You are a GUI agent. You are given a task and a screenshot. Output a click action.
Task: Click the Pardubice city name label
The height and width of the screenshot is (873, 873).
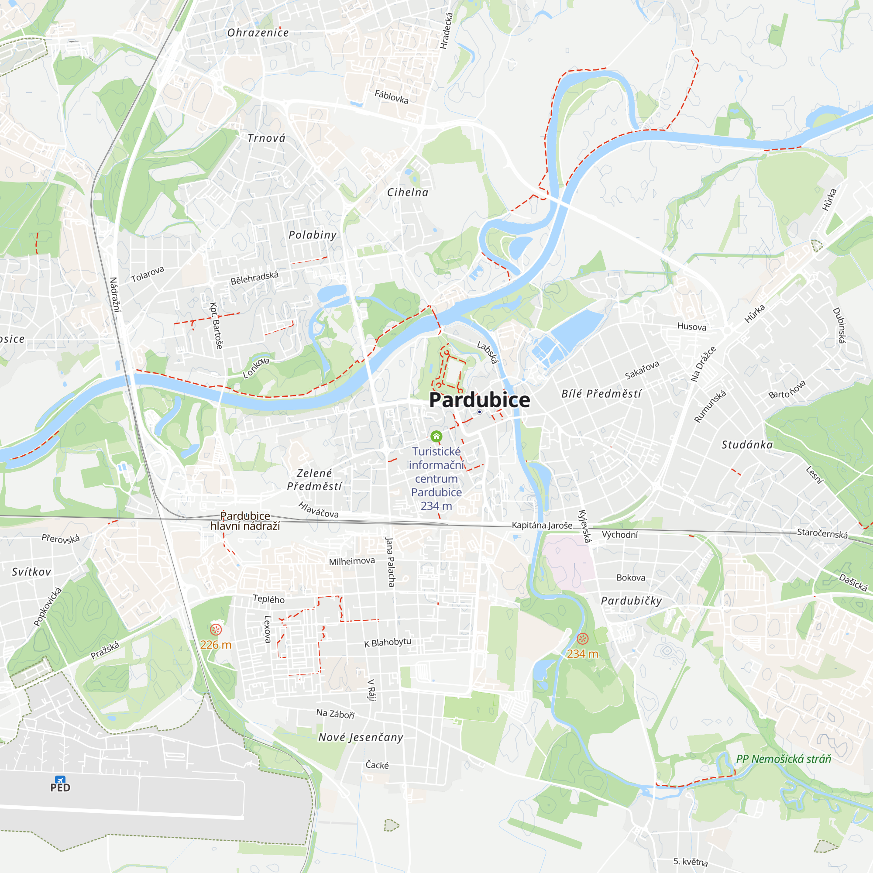coord(479,400)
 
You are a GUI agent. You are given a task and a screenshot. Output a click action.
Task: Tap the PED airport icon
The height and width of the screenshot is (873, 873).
coord(60,780)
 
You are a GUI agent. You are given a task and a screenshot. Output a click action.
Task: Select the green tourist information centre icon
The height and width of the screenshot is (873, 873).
coord(436,436)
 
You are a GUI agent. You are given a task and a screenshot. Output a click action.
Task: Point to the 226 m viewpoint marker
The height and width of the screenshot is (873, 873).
coord(216,629)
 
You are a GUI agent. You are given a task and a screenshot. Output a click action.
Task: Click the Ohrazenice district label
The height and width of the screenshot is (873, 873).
coord(258,33)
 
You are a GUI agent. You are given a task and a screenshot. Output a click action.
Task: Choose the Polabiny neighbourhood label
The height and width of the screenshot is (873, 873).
coord(313,235)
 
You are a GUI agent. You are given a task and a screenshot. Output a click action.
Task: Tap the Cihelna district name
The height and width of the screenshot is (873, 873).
coord(408,192)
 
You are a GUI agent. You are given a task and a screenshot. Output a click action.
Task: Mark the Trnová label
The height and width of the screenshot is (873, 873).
coord(267,138)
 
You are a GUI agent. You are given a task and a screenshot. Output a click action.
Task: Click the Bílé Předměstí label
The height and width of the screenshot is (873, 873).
coord(601,394)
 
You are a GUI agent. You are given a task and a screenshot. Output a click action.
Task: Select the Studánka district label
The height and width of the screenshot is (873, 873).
coord(747,445)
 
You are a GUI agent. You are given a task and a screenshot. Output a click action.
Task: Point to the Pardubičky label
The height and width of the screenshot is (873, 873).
coord(632,601)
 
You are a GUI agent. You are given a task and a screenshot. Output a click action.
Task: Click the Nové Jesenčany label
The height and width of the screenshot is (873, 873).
coord(361,737)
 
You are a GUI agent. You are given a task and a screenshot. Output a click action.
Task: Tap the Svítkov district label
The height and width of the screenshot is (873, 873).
coord(31,572)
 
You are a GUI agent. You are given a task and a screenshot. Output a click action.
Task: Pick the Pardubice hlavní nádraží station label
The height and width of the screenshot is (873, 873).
coord(245,521)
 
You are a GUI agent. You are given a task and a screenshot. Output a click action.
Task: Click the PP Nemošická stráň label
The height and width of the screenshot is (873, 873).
coord(784,759)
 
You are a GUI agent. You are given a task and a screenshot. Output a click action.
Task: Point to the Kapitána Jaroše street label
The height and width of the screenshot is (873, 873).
coord(542,526)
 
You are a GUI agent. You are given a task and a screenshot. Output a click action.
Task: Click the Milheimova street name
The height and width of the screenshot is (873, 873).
coord(351,561)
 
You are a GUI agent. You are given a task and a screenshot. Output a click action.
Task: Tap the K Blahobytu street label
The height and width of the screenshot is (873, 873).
coord(388,642)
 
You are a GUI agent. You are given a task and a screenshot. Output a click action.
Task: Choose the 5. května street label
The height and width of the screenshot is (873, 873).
coord(691,862)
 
